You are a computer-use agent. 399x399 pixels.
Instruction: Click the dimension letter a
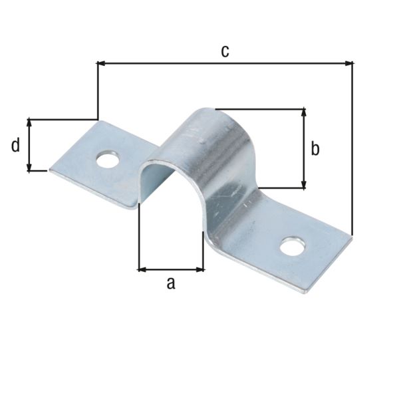tap(170, 283)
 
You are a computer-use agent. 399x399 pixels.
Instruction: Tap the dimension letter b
tap(315, 149)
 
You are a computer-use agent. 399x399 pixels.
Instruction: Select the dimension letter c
tap(225, 51)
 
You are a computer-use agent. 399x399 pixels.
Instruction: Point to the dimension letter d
tap(15, 146)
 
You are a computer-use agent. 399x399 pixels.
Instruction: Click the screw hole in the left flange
tap(106, 160)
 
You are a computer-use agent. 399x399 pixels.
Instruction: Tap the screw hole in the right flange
tap(291, 247)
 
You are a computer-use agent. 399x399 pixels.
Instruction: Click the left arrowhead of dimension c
tap(102, 64)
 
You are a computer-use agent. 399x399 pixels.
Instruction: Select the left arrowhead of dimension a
tap(142, 269)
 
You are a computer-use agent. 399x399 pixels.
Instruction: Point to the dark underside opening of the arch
tap(160, 183)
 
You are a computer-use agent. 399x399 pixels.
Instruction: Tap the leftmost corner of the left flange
tap(51, 170)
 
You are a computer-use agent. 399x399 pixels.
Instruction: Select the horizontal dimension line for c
tap(226, 64)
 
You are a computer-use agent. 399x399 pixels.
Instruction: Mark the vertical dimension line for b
tap(303, 148)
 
